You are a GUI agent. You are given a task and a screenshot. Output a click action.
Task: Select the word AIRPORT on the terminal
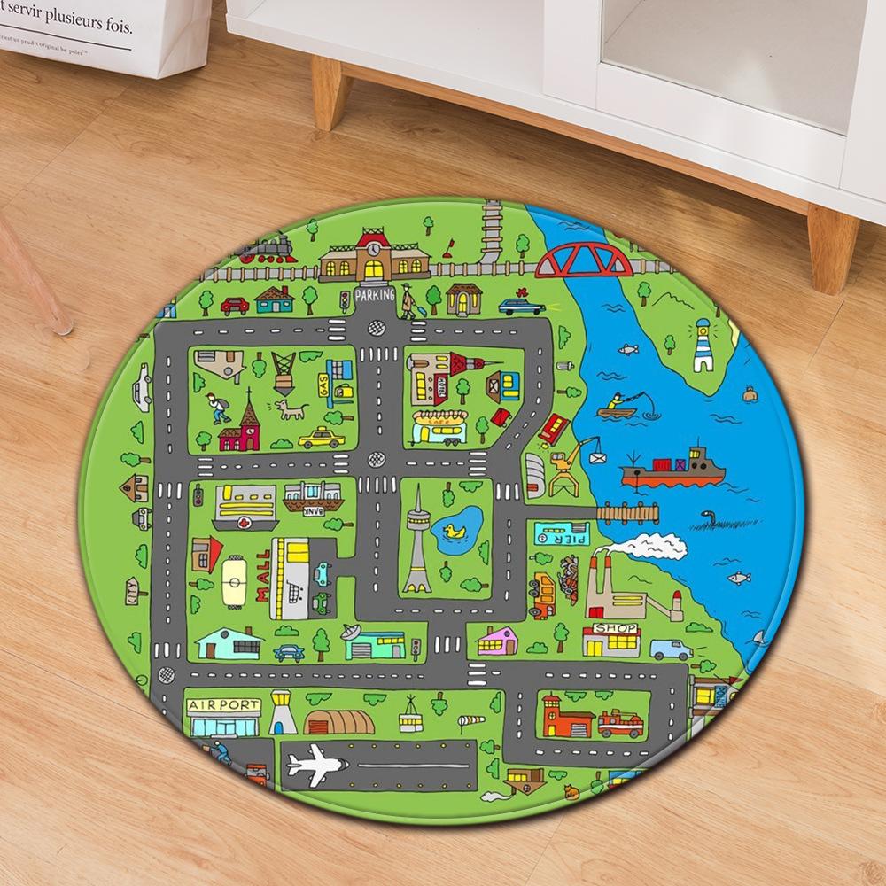(x=224, y=706)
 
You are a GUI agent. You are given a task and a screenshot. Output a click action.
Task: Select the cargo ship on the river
(x=673, y=470)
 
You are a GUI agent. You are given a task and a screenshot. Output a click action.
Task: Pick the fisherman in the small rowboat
(x=618, y=405)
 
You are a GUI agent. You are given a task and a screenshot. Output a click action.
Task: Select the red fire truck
(x=620, y=724)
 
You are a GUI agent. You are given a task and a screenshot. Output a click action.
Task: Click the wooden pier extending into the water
(x=628, y=511)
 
